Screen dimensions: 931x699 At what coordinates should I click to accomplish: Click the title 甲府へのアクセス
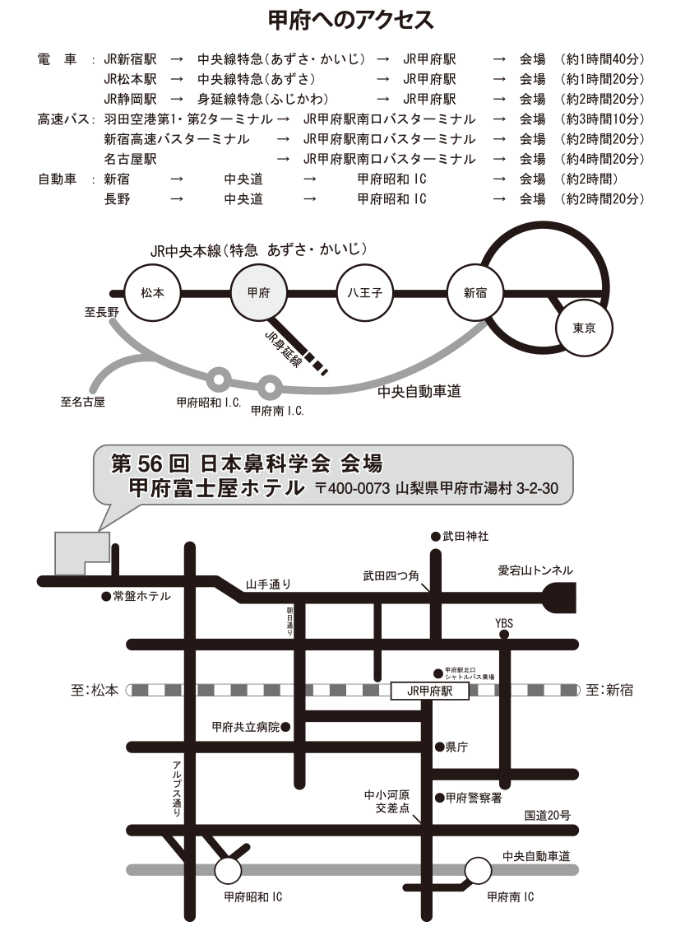350,18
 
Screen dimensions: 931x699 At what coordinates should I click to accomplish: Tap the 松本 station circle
152,292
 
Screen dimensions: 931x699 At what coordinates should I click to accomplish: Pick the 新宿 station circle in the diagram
475,292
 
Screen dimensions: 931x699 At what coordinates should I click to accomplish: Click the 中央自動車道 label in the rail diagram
419,392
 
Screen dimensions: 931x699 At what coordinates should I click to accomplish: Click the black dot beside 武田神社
436,537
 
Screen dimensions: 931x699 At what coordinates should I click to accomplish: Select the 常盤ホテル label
141,597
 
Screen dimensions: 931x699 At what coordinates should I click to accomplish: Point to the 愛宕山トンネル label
535,570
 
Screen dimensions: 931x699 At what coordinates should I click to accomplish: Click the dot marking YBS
505,635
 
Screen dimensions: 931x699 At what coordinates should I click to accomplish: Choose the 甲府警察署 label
473,798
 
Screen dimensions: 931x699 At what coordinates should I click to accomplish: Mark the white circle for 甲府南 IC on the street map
478,868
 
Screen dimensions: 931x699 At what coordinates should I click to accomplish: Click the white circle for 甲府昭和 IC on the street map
229,869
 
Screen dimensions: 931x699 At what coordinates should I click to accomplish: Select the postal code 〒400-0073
353,488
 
